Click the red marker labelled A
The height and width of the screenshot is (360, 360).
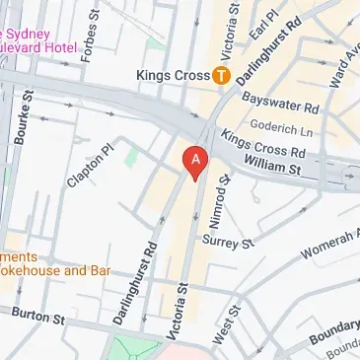(x=196, y=161)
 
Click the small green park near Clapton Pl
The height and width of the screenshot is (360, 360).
(x=131, y=155)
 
